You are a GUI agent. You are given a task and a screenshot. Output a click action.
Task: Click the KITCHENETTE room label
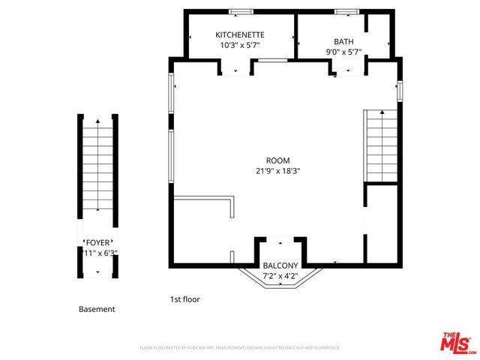239,35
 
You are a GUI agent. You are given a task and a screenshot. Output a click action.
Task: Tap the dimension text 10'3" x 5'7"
239,45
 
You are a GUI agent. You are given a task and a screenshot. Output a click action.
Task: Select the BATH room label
344,42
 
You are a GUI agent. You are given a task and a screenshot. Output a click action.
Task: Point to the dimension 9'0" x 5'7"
344,52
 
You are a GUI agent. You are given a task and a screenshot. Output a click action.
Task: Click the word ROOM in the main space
277,160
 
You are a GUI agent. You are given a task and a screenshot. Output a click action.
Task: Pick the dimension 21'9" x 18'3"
277,170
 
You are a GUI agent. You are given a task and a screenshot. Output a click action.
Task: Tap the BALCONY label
280,266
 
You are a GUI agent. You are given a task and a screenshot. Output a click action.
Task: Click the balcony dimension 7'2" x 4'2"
280,276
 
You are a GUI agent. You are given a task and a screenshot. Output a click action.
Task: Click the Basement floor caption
97,309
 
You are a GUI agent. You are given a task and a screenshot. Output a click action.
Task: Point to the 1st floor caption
184,299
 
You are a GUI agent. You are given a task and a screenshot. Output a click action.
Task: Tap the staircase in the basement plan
98,168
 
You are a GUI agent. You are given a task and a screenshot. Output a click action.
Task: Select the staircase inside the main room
380,147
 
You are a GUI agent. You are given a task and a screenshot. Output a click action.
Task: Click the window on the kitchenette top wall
240,12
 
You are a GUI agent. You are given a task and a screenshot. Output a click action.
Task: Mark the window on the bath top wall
346,12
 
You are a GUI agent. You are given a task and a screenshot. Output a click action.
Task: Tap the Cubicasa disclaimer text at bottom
240,348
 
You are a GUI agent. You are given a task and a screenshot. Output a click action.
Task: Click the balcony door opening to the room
280,240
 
